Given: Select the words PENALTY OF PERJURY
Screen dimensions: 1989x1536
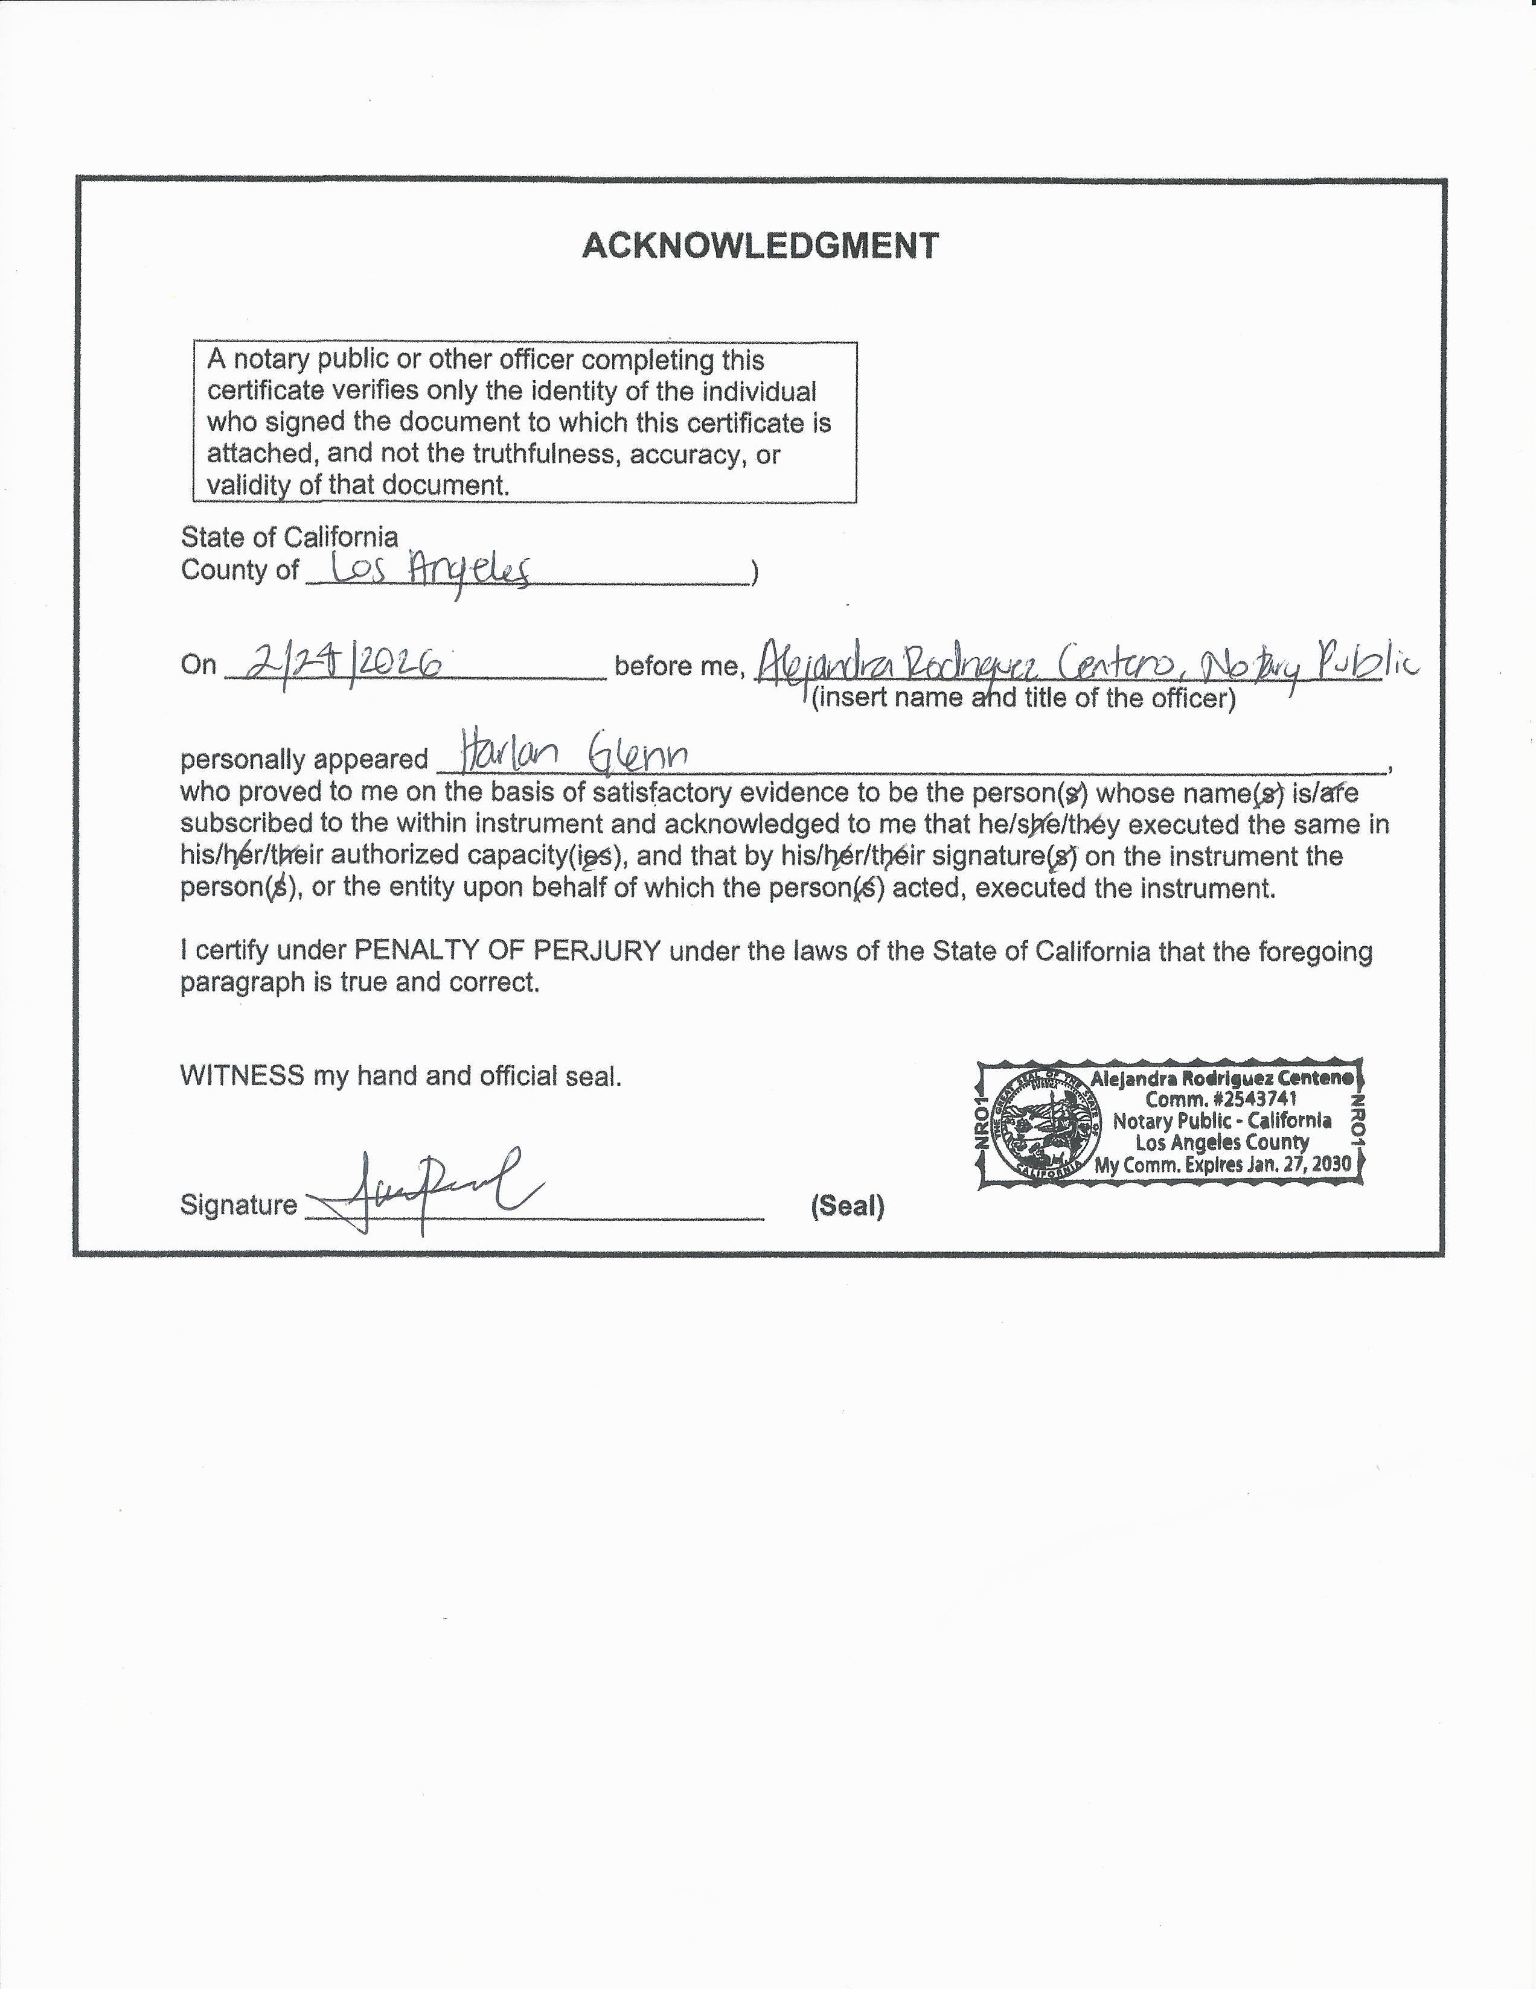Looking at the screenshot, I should coord(507,951).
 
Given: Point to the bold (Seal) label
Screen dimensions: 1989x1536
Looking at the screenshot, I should coord(847,1207).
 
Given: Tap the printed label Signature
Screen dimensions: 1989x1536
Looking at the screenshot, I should coord(238,1205).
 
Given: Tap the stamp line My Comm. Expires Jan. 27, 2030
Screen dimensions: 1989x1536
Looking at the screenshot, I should coord(1223,1164).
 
